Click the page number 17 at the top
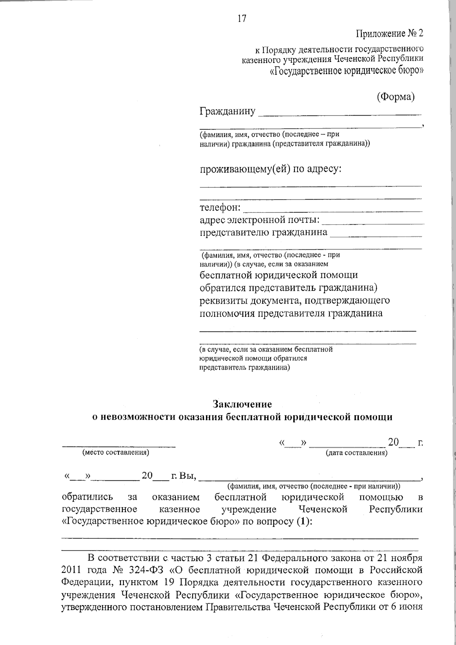[x=242, y=18]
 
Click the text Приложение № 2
[x=389, y=34]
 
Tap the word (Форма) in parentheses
[x=396, y=97]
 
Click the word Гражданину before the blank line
[x=227, y=111]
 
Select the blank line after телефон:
[x=332, y=211]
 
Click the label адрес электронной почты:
[x=260, y=220]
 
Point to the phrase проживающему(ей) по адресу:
[x=271, y=169]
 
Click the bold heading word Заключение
[x=242, y=404]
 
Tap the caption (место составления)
[x=116, y=452]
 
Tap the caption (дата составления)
[x=356, y=453]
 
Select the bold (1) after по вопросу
[x=302, y=521]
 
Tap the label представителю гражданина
[x=263, y=232]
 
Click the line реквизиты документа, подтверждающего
[x=294, y=300]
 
